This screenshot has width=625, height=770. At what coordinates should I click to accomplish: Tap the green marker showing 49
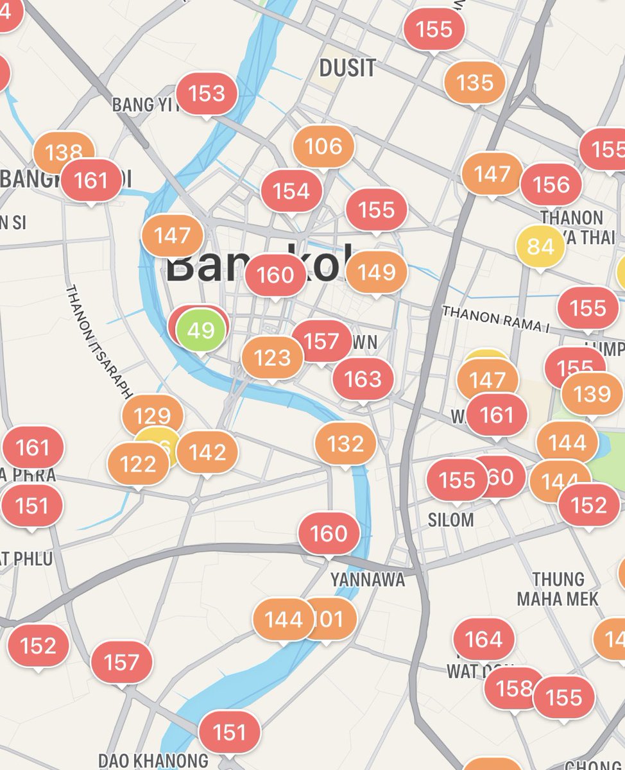pyautogui.click(x=201, y=330)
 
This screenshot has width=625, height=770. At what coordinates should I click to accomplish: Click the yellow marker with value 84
pyautogui.click(x=540, y=247)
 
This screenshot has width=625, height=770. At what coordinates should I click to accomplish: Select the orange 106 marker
pyautogui.click(x=323, y=147)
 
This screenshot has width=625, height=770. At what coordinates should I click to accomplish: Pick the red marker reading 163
pyautogui.click(x=363, y=379)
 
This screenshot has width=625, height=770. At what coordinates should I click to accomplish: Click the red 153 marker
pyautogui.click(x=207, y=94)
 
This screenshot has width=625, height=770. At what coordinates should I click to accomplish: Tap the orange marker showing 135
pyautogui.click(x=475, y=83)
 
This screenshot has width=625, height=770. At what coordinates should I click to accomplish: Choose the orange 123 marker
pyautogui.click(x=273, y=357)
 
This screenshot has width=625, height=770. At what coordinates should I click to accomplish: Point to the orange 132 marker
pyautogui.click(x=346, y=444)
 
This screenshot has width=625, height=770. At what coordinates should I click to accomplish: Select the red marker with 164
pyautogui.click(x=483, y=639)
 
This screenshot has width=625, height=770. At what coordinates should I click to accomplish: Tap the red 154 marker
pyautogui.click(x=291, y=191)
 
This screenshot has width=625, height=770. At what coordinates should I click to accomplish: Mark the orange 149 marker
pyautogui.click(x=377, y=272)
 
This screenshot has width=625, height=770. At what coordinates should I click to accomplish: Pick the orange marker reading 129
pyautogui.click(x=152, y=416)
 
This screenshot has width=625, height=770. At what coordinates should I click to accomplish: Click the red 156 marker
pyautogui.click(x=551, y=185)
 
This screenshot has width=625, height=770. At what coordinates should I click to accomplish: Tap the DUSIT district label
pyautogui.click(x=347, y=68)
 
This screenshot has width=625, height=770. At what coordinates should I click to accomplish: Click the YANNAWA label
pyautogui.click(x=368, y=579)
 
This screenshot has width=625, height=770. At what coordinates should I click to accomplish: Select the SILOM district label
pyautogui.click(x=451, y=520)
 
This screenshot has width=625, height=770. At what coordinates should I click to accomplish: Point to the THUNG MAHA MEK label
pyautogui.click(x=558, y=589)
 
